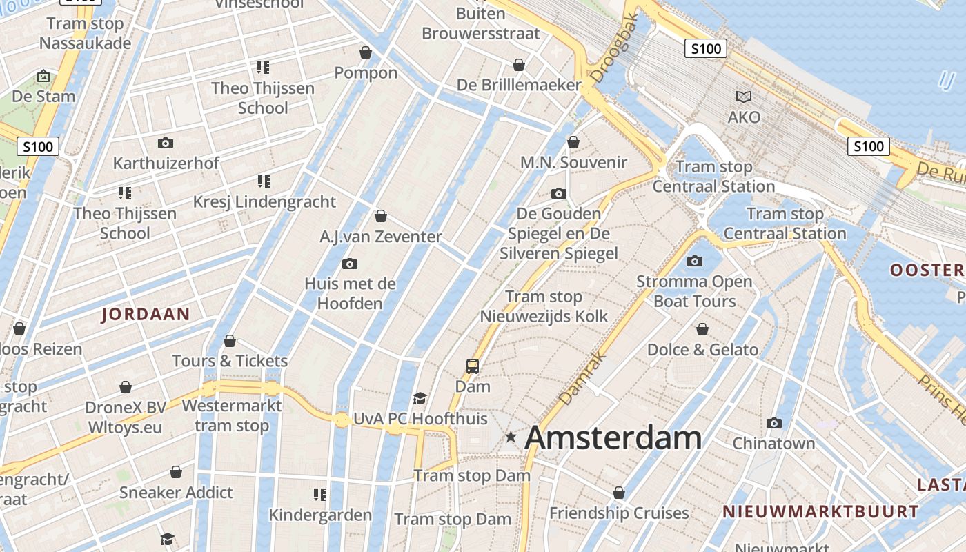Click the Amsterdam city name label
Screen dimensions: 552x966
[x=613, y=438]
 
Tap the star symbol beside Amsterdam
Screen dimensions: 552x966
[x=511, y=437]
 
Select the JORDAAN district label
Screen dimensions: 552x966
[x=146, y=315]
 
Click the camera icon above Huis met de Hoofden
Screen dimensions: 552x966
[x=350, y=264]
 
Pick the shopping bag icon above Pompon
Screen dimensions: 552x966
[x=366, y=52]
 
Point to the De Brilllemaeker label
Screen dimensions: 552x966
[x=519, y=85]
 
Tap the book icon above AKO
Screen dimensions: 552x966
[x=744, y=97]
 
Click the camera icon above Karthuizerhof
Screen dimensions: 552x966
[x=166, y=143]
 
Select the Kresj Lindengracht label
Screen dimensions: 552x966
[x=264, y=202]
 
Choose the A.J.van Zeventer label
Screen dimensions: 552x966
[x=381, y=237]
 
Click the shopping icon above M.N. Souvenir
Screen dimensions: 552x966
[x=573, y=142]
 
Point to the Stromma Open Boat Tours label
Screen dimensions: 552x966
[x=694, y=291]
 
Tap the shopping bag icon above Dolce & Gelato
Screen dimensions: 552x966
[x=702, y=329]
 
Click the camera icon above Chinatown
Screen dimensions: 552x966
[x=774, y=423]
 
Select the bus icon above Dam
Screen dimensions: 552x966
[x=473, y=366]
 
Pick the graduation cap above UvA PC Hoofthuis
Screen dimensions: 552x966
[x=420, y=398]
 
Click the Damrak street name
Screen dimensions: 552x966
[x=582, y=379]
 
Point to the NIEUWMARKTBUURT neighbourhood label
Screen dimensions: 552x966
[x=820, y=512]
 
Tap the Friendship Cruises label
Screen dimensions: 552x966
[x=619, y=513]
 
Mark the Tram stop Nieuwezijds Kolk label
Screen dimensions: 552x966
[x=544, y=306]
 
